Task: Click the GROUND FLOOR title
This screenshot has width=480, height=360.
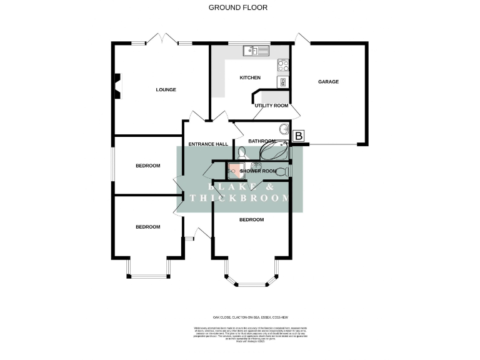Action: click(237, 8)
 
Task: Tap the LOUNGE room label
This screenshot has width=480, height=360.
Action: click(166, 89)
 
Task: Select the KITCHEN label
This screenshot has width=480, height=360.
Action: click(250, 77)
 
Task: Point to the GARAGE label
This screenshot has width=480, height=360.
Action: click(328, 81)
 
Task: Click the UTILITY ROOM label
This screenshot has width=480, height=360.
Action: click(271, 106)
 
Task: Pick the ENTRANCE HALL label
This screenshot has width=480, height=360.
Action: click(208, 144)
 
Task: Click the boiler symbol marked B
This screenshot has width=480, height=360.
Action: click(299, 136)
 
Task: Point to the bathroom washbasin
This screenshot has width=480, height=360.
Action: click(284, 130)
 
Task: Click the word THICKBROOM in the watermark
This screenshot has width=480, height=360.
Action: click(241, 198)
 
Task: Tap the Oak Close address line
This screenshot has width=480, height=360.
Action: click(239, 316)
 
